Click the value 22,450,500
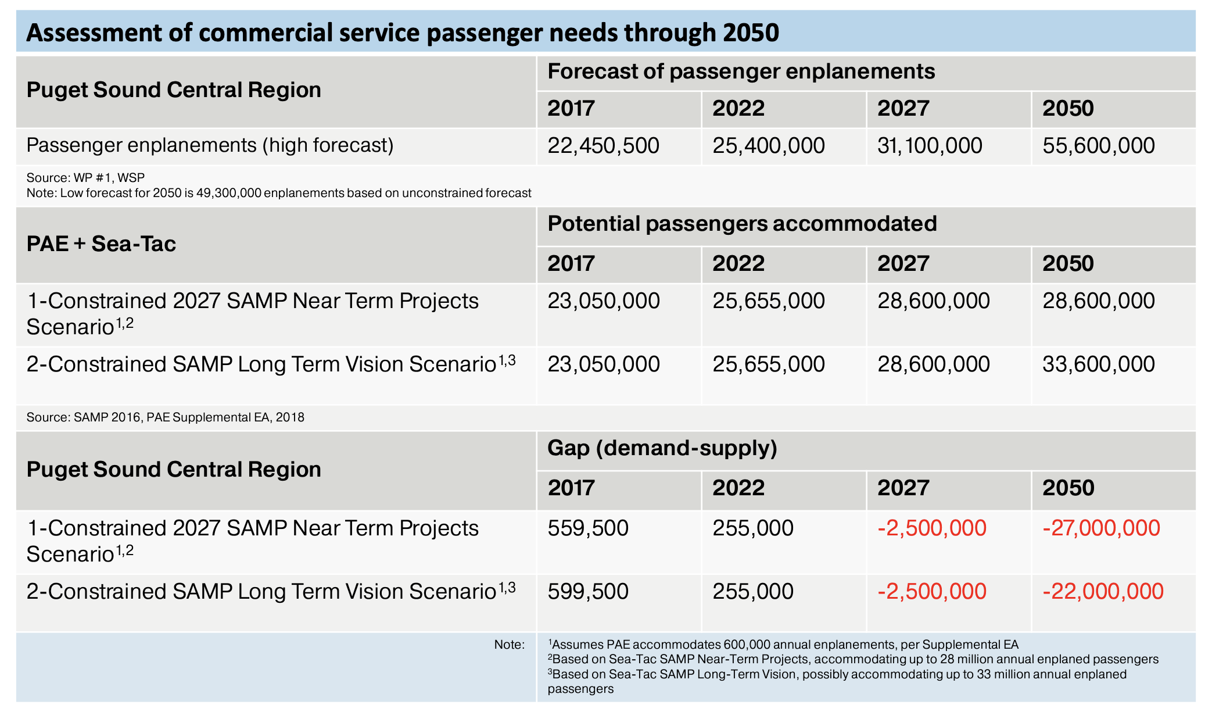click(x=603, y=145)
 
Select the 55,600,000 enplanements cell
click(x=1098, y=145)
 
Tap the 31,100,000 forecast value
click(x=930, y=145)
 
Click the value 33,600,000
click(x=1098, y=364)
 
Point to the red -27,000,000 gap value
click(x=1101, y=528)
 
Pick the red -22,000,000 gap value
click(x=1103, y=592)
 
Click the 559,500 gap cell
click(x=588, y=528)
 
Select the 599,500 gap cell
click(x=588, y=592)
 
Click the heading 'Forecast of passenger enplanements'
click(x=741, y=71)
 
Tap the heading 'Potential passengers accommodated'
click(x=742, y=224)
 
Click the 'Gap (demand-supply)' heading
click(x=662, y=448)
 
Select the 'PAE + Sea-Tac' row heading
click(x=101, y=244)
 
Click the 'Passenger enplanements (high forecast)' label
click(x=210, y=145)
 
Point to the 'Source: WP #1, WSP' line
click(x=85, y=178)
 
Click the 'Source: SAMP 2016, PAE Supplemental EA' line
click(x=165, y=417)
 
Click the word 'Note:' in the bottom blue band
click(x=509, y=645)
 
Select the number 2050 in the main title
click(x=751, y=33)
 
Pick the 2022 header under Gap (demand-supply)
click(x=738, y=488)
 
